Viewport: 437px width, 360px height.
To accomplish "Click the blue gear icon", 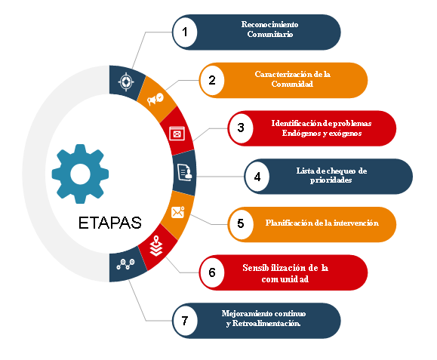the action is tap(80, 174).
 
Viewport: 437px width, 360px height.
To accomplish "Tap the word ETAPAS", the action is tap(109, 223).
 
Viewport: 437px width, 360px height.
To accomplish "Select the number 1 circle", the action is tap(185, 32).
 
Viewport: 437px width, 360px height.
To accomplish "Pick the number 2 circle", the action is tap(212, 80).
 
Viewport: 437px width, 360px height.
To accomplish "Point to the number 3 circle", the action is tap(241, 128).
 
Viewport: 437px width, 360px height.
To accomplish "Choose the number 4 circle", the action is tap(257, 177).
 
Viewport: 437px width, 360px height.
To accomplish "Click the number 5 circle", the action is tap(241, 224).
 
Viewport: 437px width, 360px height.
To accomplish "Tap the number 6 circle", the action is tap(212, 272).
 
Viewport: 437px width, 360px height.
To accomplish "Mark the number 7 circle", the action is tap(185, 321).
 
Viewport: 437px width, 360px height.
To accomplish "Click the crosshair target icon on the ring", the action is tap(126, 82).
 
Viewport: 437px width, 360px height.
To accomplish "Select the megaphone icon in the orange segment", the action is tap(155, 99).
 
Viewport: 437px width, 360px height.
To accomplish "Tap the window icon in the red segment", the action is tap(177, 134).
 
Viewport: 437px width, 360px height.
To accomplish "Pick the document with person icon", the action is tap(185, 173).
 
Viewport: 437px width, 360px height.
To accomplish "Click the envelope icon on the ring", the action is tap(178, 212).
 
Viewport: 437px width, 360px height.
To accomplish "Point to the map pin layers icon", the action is tap(156, 246).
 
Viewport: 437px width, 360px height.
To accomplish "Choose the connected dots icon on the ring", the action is tap(125, 264).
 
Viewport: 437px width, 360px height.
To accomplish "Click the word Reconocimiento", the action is tap(269, 24).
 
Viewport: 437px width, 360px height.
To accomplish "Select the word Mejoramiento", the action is tap(245, 314).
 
